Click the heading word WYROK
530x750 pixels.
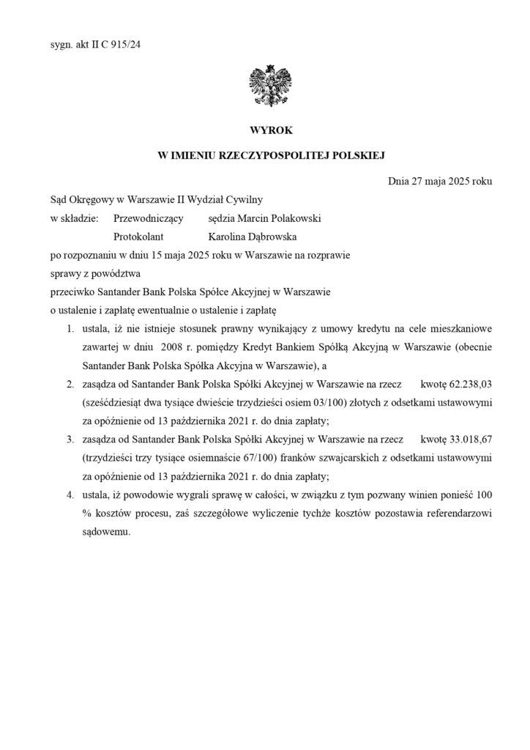(x=265, y=130)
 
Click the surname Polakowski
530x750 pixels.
(x=293, y=218)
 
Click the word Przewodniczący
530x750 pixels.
(x=149, y=218)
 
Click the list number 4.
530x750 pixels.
(x=69, y=498)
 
